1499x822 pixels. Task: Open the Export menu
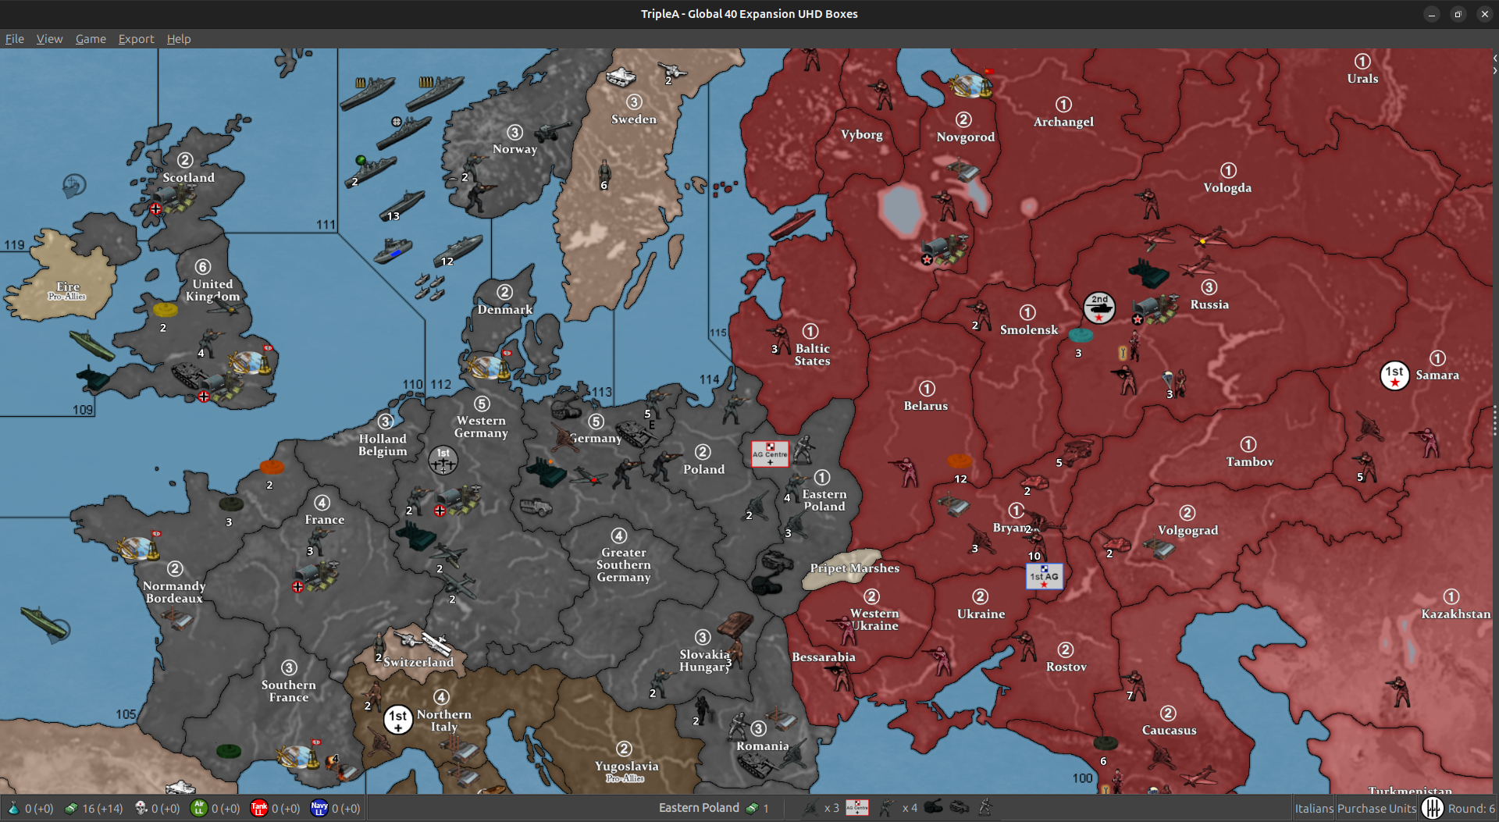[x=136, y=39]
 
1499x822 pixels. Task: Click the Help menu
[x=178, y=39]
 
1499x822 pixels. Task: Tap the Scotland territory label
[x=188, y=177]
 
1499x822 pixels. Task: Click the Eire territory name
[x=68, y=286]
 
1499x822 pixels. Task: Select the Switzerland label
[x=418, y=662]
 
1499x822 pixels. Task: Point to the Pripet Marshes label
[x=854, y=568]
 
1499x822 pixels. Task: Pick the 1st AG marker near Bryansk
[x=1044, y=577]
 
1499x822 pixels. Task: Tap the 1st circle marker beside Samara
[x=1394, y=375]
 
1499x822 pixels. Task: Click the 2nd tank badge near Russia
[x=1099, y=308]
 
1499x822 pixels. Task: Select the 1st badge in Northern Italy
[x=398, y=719]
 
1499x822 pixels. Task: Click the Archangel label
[x=1063, y=122]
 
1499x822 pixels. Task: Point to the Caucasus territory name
[x=1169, y=731]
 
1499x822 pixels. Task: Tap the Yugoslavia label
[x=626, y=767]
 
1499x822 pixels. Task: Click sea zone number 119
[x=14, y=245]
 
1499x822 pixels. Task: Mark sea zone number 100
[x=1082, y=778]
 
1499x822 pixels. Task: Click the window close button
[x=1484, y=14]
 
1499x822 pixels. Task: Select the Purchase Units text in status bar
[x=1376, y=809]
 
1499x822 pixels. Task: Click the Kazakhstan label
[x=1455, y=614]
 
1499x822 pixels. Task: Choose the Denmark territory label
[x=505, y=310]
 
